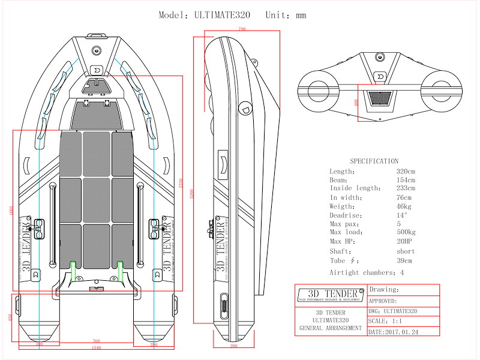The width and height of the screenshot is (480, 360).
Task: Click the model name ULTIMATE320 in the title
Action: point(223,15)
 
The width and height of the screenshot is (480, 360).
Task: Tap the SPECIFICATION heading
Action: point(374,161)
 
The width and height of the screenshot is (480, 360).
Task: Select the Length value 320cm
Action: point(406,172)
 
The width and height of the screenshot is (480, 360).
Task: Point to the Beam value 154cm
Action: point(406,180)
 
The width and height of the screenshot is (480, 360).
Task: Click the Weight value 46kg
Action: point(404,206)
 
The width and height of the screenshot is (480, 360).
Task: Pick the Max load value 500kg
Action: point(406,232)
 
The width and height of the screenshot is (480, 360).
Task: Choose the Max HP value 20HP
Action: point(404,241)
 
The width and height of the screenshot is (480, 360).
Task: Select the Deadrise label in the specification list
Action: point(344,215)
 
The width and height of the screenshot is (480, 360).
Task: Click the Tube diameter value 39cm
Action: point(404,260)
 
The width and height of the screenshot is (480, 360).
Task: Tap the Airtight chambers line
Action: point(367,272)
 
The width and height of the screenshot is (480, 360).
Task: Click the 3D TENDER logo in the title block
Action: point(331,295)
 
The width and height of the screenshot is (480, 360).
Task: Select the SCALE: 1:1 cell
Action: point(386,321)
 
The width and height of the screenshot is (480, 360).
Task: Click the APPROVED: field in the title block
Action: point(383,301)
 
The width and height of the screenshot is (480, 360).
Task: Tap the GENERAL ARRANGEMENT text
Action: point(331,328)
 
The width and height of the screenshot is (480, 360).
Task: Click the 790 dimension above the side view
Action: point(242,29)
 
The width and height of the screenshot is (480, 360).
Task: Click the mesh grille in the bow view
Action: point(377,97)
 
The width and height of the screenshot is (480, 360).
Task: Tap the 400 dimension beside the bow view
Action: point(355,103)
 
